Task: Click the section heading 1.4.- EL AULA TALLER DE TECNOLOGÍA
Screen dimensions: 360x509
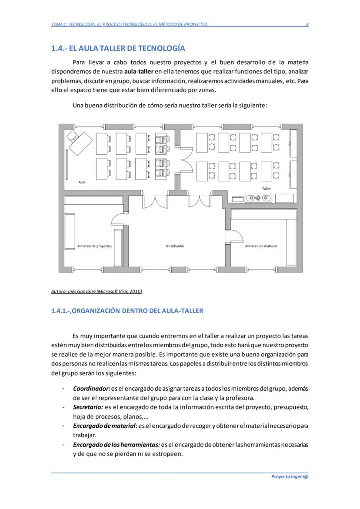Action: [x=118, y=48]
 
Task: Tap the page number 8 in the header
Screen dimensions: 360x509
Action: [x=307, y=24]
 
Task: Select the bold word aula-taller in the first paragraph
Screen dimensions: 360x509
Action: [x=139, y=71]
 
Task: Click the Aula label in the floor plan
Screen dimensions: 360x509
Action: [x=82, y=182]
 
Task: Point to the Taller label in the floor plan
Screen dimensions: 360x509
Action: [x=266, y=189]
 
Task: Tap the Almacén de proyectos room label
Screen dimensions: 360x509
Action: [x=94, y=246]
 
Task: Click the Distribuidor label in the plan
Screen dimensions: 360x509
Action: [x=175, y=246]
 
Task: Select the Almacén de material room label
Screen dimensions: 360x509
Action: [x=261, y=246]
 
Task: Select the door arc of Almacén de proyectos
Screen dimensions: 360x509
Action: [x=118, y=220]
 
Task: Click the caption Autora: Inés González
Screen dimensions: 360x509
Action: [x=97, y=291]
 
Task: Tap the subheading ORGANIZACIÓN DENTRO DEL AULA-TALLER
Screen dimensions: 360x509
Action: [x=127, y=311]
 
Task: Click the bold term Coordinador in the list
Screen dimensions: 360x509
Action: [x=91, y=388]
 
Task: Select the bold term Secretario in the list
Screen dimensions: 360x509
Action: [x=88, y=407]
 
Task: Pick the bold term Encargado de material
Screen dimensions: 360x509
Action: [x=105, y=426]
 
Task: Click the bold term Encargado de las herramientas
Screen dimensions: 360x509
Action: [x=116, y=445]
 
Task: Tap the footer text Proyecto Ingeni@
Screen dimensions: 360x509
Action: [x=290, y=476]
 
